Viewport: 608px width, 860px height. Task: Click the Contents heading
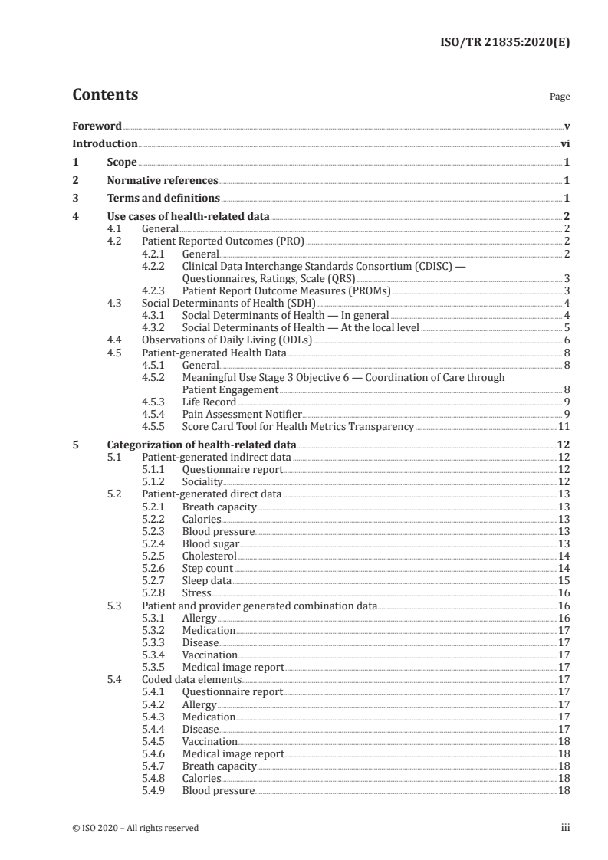click(105, 95)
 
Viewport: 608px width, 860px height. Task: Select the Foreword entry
click(97, 126)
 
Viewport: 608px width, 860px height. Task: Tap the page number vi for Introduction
click(564, 143)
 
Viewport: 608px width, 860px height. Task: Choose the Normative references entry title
click(163, 181)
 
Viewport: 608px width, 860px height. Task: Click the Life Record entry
click(209, 401)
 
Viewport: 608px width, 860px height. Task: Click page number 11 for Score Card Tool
click(564, 426)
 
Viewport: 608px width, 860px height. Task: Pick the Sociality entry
click(202, 481)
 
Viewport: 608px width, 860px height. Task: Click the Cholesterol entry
click(209, 556)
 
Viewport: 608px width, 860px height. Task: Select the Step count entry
click(207, 568)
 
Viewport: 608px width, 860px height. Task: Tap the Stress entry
click(196, 592)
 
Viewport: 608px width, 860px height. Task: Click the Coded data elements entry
click(192, 679)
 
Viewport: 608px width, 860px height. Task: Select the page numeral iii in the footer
click(565, 827)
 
